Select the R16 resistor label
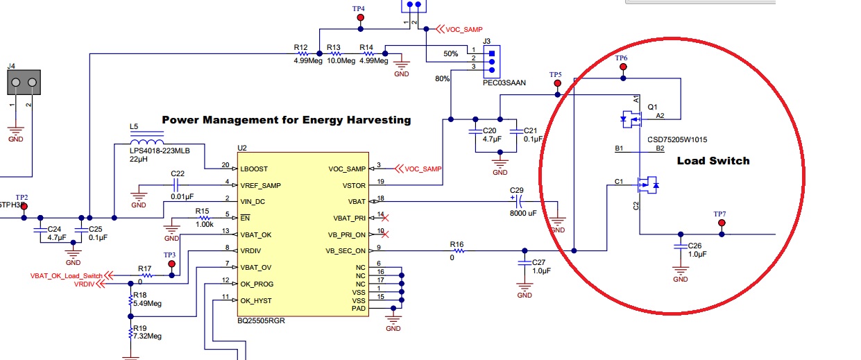click(456, 244)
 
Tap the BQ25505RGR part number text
click(261, 321)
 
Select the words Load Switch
click(713, 161)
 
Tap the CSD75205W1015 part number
click(677, 138)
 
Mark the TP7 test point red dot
click(722, 223)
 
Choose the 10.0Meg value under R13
click(341, 60)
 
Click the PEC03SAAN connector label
click(504, 82)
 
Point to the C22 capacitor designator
click(177, 173)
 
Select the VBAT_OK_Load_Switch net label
click(66, 276)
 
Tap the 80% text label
click(442, 79)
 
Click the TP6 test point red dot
click(623, 67)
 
